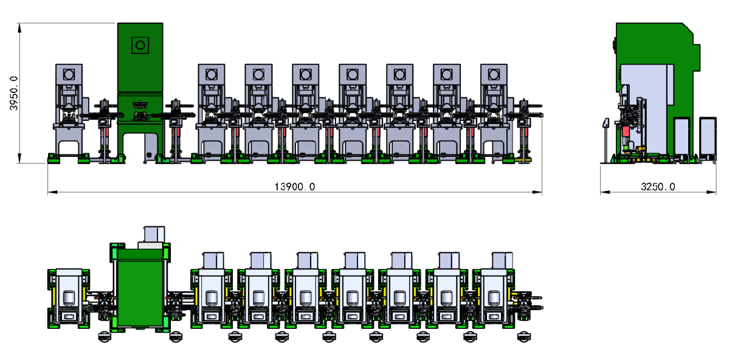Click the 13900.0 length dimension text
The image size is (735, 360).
(294, 187)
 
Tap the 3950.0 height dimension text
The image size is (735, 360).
(14, 93)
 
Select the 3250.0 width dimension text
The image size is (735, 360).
(658, 187)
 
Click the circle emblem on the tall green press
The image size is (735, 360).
(140, 45)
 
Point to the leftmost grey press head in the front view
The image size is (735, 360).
(69, 75)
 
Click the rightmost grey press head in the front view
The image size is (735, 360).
(494, 75)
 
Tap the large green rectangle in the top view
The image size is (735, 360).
(140, 288)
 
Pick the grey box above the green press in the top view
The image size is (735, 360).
(154, 234)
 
